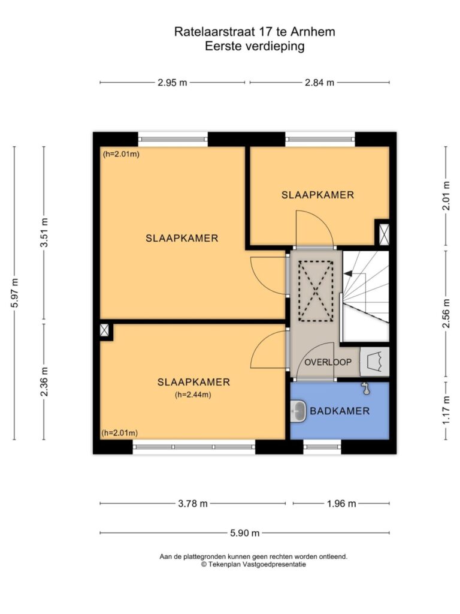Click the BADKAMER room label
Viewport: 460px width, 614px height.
[x=340, y=411]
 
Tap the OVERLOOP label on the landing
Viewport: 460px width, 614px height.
[x=328, y=362]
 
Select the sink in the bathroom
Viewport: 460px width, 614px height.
[x=299, y=411]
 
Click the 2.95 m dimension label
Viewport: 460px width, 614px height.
[x=172, y=83]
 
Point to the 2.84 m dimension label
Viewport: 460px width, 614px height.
[x=320, y=83]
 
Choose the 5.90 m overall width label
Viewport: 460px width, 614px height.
[x=244, y=533]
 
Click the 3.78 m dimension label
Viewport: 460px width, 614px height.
[x=193, y=504]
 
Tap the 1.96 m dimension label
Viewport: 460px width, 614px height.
[x=341, y=504]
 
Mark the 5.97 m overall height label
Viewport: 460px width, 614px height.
[x=14, y=293]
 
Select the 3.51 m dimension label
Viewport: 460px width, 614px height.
[x=44, y=232]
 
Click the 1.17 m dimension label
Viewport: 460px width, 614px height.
[x=446, y=410]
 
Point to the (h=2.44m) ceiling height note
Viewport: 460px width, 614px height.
[x=193, y=395]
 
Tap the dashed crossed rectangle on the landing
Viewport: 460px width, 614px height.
[x=316, y=291]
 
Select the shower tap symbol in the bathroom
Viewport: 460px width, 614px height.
[x=365, y=388]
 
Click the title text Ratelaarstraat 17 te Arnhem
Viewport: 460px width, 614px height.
[x=255, y=32]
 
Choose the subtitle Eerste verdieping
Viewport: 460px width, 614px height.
[x=255, y=46]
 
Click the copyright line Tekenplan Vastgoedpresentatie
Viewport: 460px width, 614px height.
[x=253, y=564]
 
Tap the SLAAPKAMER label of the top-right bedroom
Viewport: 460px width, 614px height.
[x=317, y=195]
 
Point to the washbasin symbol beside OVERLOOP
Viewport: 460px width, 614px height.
[x=374, y=362]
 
